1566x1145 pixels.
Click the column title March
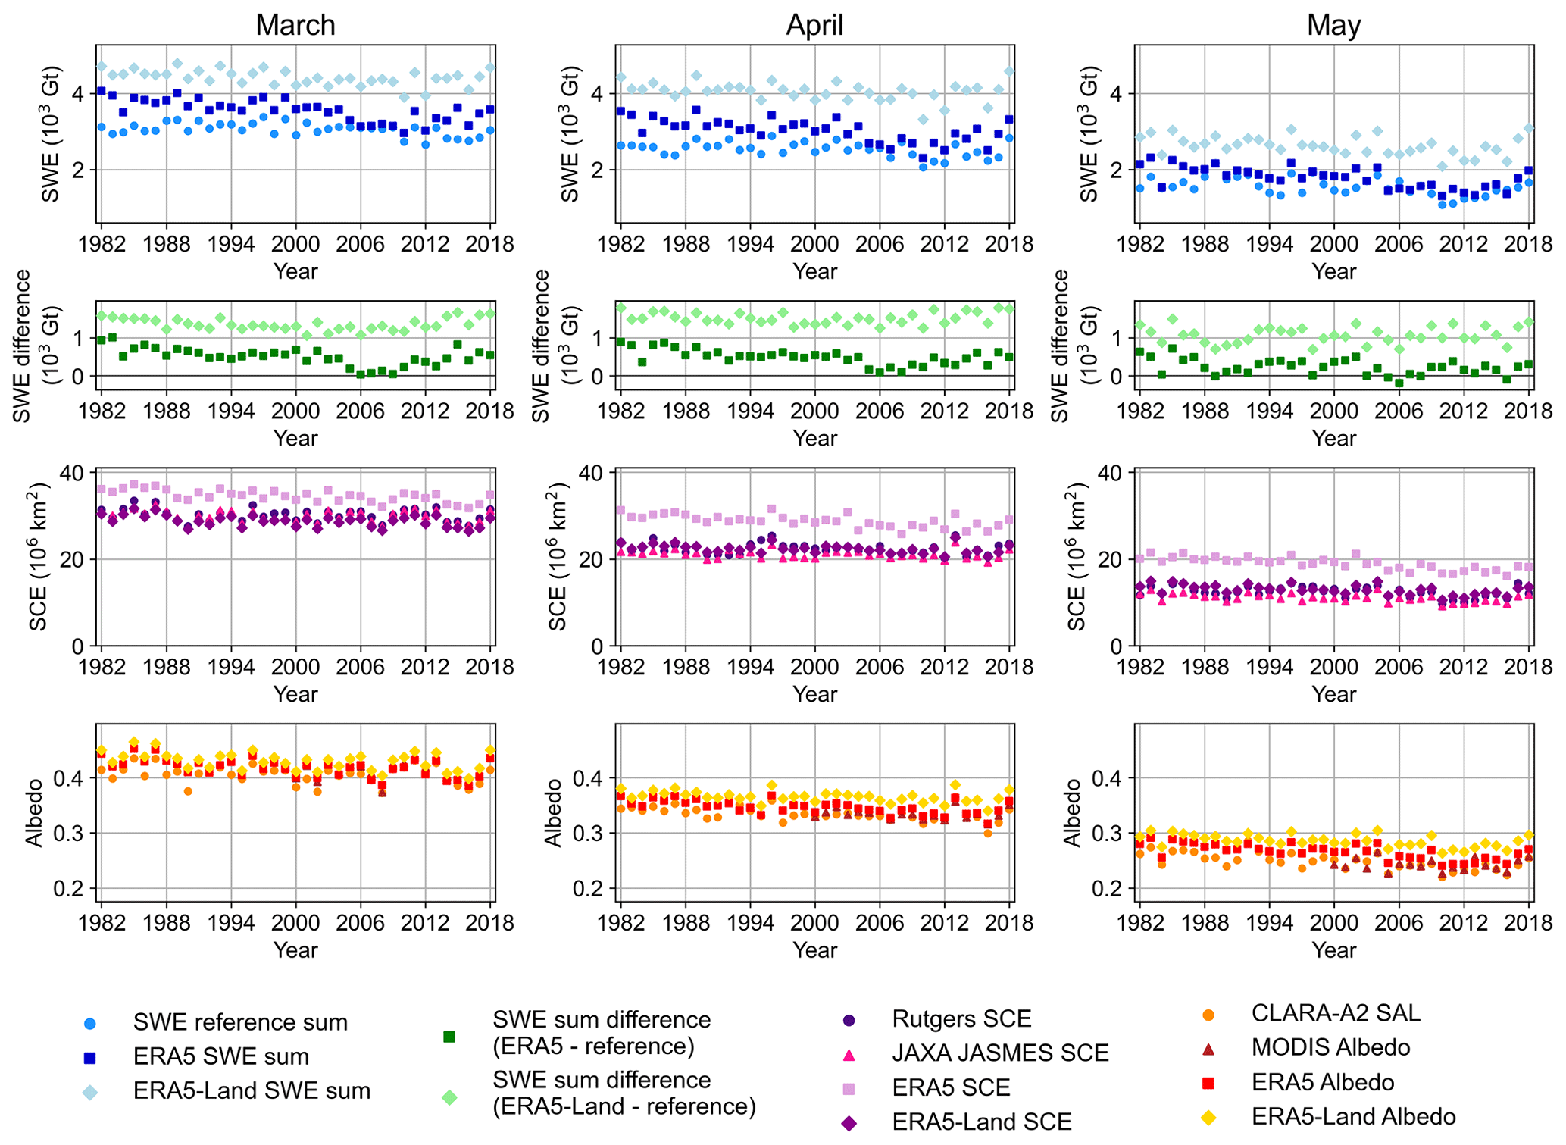pos(295,25)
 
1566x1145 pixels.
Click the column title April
pos(814,25)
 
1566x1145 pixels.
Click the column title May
pos(1333,25)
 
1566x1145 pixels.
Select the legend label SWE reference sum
pos(240,1022)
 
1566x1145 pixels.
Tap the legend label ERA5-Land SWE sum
pos(252,1090)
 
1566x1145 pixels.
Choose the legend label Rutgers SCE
pos(961,1018)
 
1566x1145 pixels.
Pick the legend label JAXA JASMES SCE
pos(1000,1053)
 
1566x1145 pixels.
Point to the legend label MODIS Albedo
pos(1330,1047)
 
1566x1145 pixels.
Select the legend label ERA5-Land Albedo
pos(1353,1116)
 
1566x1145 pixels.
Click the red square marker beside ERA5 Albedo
pos(1209,1083)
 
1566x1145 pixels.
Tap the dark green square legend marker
pos(449,1036)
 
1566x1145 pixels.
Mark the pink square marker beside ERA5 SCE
pos(849,1088)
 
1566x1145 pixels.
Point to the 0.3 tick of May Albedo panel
pos(1111,834)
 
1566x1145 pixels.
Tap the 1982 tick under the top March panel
pos(101,245)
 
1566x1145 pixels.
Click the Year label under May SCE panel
pos(1333,694)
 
